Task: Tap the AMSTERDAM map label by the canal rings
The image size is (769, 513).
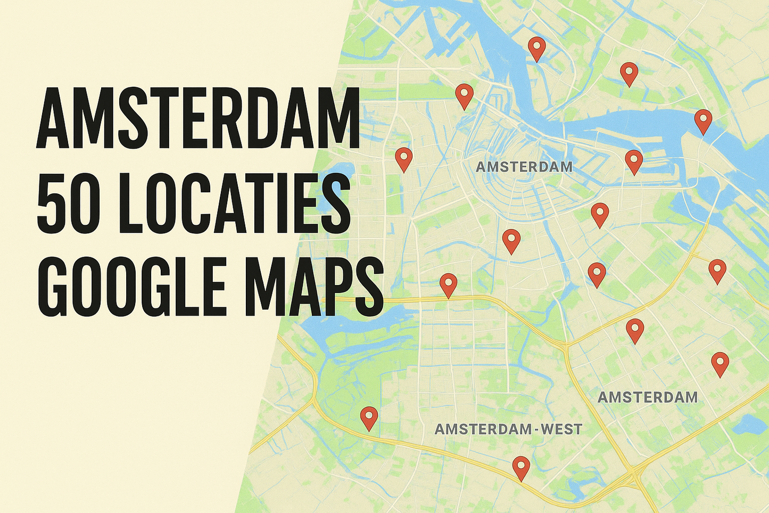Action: pyautogui.click(x=524, y=167)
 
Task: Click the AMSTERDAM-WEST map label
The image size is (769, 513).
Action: pyautogui.click(x=508, y=429)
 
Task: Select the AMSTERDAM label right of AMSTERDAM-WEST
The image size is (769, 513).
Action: pyautogui.click(x=647, y=397)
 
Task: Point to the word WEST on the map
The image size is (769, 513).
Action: pyautogui.click(x=556, y=429)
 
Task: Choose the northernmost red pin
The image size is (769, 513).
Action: pyautogui.click(x=537, y=47)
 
